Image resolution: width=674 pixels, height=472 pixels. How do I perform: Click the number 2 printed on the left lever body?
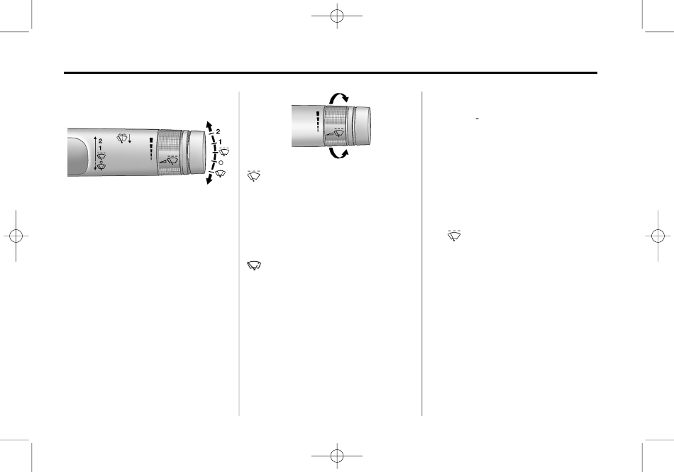[x=101, y=141]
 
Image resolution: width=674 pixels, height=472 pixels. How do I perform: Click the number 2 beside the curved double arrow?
[x=218, y=132]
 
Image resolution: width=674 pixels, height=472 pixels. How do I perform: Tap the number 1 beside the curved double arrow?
[x=221, y=141]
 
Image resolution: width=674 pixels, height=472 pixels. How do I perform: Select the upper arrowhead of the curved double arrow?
[x=209, y=125]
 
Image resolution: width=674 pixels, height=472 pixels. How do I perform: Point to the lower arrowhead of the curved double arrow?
[x=209, y=180]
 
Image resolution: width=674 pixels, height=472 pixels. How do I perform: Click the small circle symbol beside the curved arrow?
[x=221, y=163]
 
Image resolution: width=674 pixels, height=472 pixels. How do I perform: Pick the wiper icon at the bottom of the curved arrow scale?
[x=221, y=173]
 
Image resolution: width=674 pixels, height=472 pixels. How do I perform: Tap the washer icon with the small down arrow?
[x=123, y=138]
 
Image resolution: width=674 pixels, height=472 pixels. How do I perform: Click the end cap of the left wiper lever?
[x=197, y=151]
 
